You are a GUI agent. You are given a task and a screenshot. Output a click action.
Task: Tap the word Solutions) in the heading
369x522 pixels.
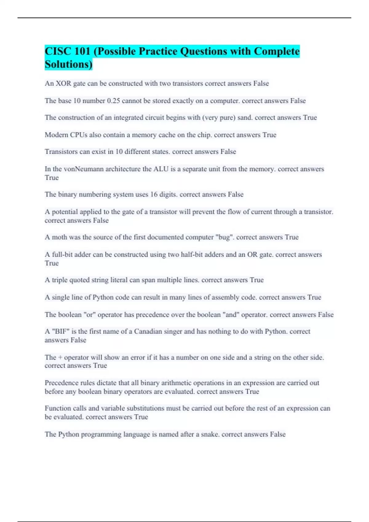point(68,64)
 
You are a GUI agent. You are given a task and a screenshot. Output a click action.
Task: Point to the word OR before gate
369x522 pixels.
point(252,255)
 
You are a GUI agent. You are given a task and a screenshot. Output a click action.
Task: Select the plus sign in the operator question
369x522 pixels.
point(60,357)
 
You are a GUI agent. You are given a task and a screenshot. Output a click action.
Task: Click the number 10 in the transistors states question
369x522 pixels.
point(119,152)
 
